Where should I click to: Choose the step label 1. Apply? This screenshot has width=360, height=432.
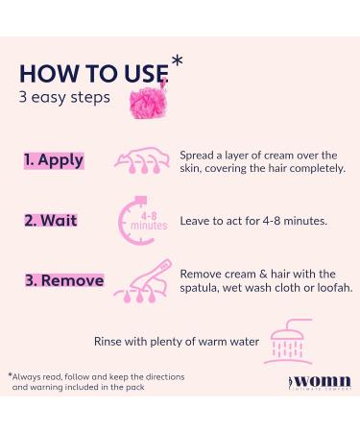click(x=54, y=161)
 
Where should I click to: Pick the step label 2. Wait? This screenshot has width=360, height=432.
click(x=49, y=220)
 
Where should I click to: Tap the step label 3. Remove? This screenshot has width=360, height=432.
click(x=63, y=280)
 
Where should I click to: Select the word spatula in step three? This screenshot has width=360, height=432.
click(x=203, y=287)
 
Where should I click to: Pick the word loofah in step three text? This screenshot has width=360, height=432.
click(x=331, y=287)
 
